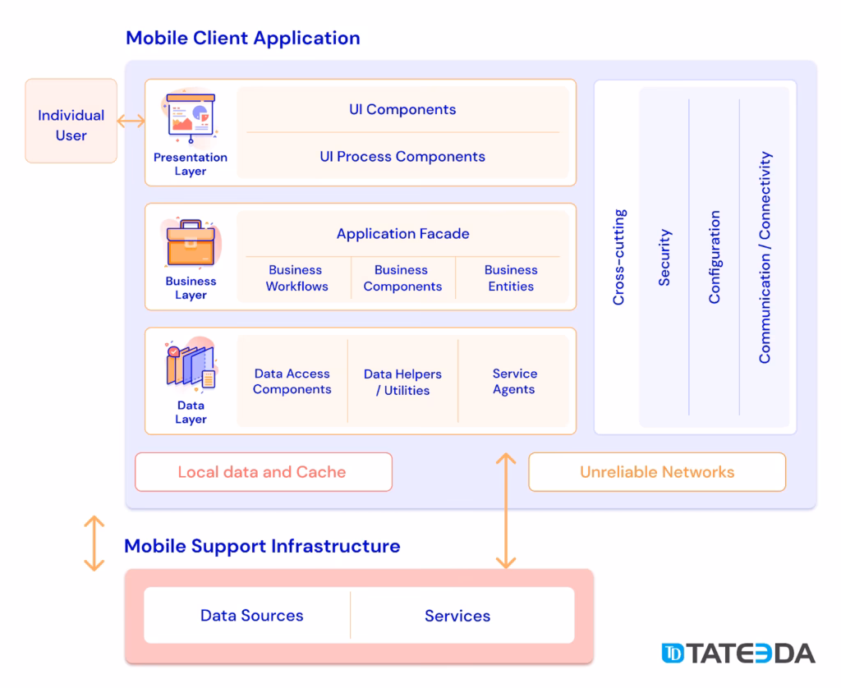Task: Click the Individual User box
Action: point(71,122)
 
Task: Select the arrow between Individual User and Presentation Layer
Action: point(131,122)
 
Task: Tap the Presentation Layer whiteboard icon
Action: point(191,117)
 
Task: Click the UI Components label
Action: point(402,109)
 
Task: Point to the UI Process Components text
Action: point(402,156)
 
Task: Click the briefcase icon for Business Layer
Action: point(191,243)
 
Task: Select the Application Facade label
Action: point(402,233)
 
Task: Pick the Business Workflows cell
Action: point(296,278)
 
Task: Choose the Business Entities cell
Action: point(510,278)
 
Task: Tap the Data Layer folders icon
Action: point(191,366)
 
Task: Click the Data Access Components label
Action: point(292,382)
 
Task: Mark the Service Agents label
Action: point(514,382)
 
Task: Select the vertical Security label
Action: point(664,257)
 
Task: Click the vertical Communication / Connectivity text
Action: point(765,257)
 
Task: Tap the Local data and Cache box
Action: point(263,472)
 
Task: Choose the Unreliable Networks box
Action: point(657,472)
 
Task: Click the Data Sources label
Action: point(251,616)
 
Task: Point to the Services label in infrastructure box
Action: point(457,616)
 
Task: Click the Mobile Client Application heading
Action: point(242,38)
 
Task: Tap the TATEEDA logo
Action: point(738,654)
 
